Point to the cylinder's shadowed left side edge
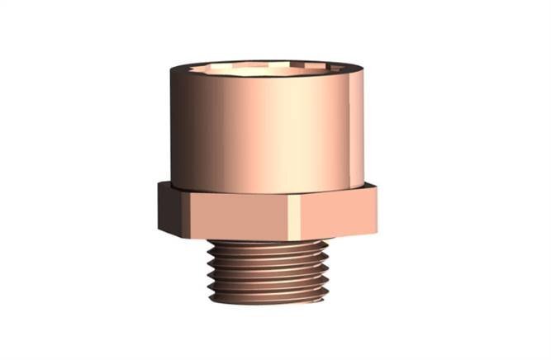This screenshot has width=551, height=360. (173, 128)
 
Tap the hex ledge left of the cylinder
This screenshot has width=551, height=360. (165, 185)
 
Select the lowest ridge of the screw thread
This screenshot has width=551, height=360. (268, 295)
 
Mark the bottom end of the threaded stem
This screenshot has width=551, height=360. (268, 302)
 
